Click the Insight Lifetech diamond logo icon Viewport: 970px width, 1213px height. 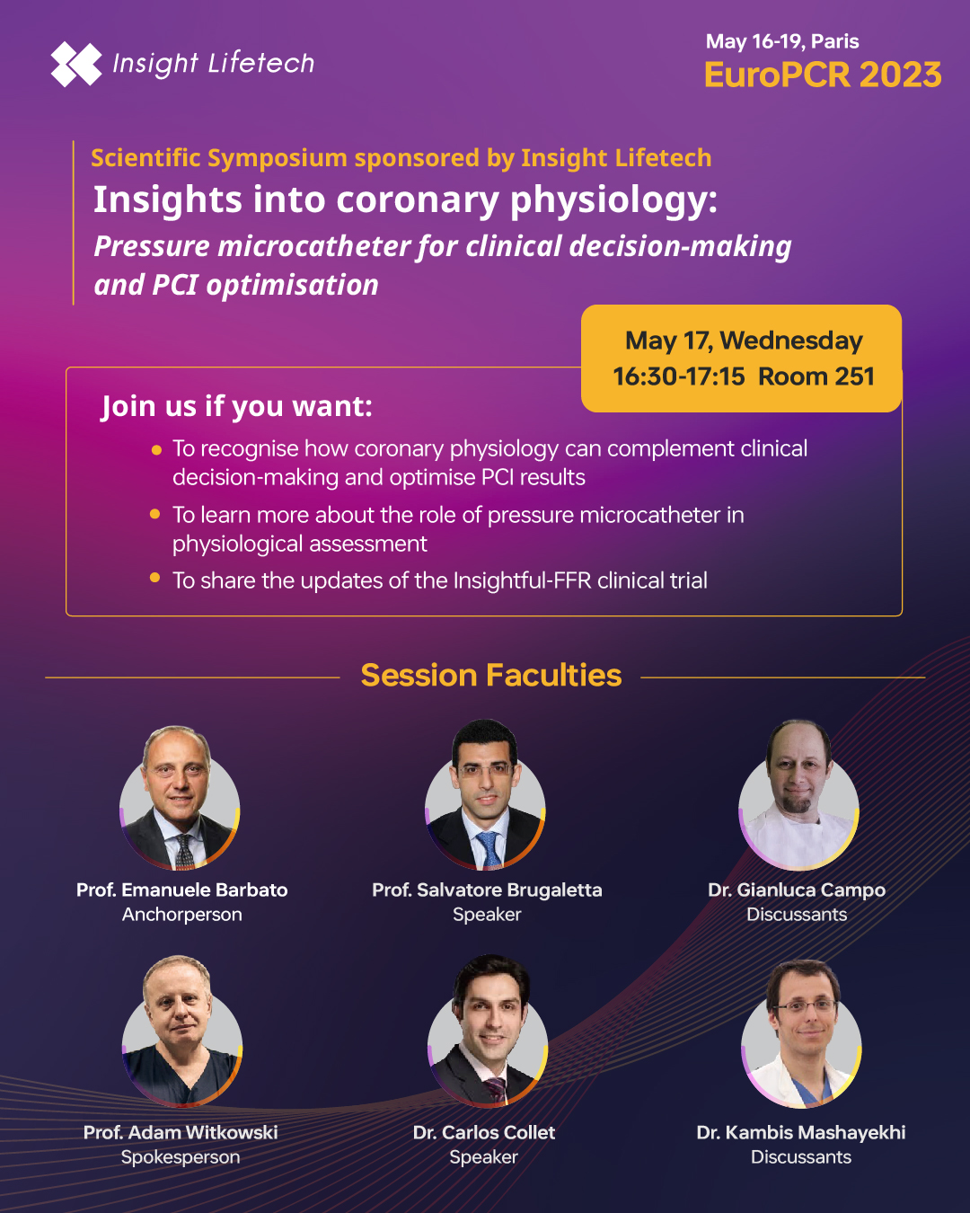coord(76,64)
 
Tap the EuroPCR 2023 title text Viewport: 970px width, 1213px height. coord(823,75)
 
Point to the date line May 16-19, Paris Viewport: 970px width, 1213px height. coord(782,41)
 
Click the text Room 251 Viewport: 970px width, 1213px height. coord(816,376)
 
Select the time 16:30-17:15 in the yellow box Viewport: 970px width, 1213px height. coord(679,376)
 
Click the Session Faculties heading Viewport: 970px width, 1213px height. coord(491,675)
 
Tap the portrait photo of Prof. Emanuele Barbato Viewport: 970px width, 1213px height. coord(180,797)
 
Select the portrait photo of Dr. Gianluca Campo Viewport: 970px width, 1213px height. coord(798,795)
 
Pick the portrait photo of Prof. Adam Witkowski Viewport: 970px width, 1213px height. coord(182,1031)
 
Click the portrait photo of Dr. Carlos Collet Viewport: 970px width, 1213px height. coord(488,1031)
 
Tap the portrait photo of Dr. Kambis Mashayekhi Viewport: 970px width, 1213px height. coord(801,1033)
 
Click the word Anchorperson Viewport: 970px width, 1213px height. coord(182,915)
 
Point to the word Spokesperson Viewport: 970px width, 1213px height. coord(181,1157)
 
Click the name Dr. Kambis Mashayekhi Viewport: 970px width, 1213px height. coord(801,1132)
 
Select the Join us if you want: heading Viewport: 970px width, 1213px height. coord(237,406)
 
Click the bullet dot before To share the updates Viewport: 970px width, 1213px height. coord(155,577)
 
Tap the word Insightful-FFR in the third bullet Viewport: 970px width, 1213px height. coord(523,580)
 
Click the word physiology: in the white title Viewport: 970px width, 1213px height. coord(613,200)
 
